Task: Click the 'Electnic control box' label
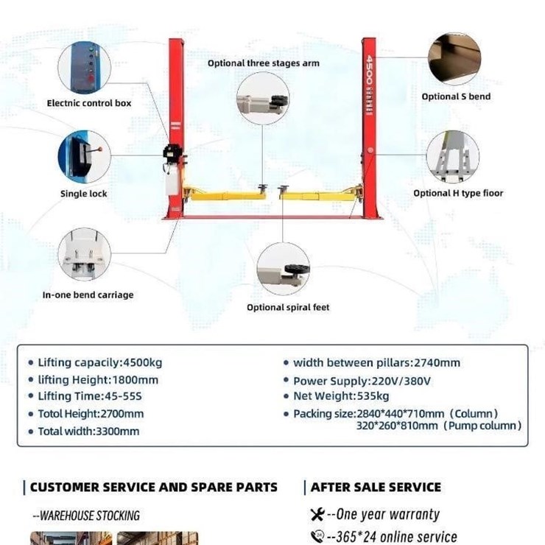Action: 89,103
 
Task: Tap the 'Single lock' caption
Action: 84,194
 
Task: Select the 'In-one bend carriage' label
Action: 88,295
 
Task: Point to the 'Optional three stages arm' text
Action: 264,63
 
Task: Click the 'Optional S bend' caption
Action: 456,96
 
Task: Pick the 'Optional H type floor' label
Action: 458,193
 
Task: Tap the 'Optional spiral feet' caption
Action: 288,307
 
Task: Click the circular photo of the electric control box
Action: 84,68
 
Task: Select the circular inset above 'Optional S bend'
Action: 454,59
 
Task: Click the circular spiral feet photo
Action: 284,269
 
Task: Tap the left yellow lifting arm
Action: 225,194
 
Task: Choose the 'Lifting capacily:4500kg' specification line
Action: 99,363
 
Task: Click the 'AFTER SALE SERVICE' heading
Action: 376,488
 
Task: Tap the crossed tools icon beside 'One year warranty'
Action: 317,514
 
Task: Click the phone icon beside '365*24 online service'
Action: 317,536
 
